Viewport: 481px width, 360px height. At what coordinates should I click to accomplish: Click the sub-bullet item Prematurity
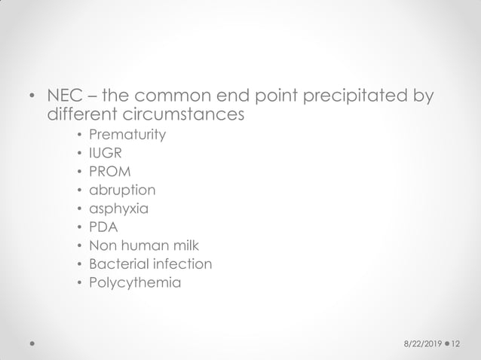point(127,136)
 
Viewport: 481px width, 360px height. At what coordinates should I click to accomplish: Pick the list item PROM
point(109,172)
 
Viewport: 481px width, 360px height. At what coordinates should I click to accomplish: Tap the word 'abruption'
point(122,190)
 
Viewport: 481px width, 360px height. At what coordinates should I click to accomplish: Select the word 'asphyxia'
point(118,209)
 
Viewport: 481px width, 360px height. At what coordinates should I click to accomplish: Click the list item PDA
point(104,227)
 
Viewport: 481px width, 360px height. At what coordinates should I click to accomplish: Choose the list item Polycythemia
point(135,282)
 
